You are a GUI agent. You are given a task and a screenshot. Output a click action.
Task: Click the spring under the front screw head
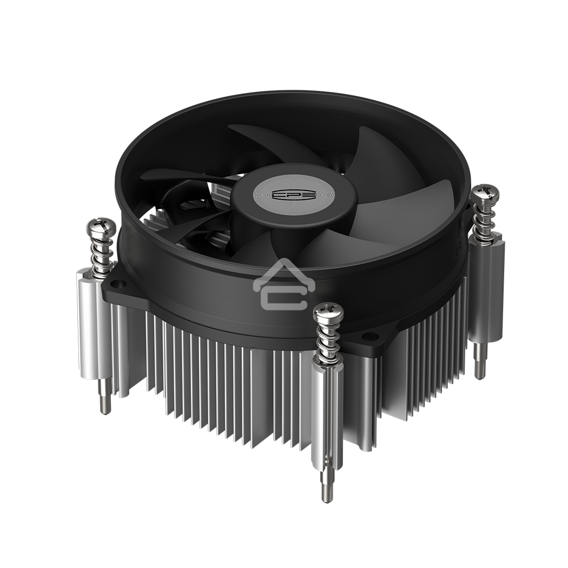(x=328, y=341)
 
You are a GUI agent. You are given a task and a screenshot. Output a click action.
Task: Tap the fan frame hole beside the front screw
(x=369, y=336)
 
